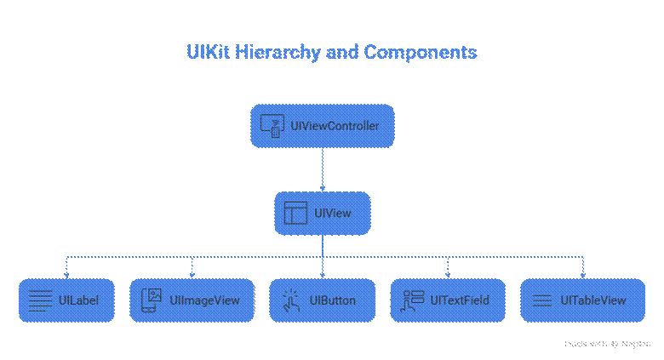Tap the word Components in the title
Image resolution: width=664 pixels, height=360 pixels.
point(421,52)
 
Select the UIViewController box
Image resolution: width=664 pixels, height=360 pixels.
point(322,126)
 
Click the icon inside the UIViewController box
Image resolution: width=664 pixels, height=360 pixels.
point(272,126)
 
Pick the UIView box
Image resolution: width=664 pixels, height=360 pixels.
point(322,213)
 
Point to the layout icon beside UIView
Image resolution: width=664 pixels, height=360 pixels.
point(295,213)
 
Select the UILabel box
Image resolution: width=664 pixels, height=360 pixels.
point(66,300)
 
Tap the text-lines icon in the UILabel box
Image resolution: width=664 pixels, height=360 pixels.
point(39,300)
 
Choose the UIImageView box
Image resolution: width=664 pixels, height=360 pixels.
point(192,300)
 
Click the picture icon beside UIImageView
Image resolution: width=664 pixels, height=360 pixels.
point(152,300)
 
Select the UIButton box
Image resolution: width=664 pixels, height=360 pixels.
point(322,300)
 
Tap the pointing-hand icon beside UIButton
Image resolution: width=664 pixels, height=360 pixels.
point(291,300)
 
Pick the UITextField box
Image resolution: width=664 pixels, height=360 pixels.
point(447,300)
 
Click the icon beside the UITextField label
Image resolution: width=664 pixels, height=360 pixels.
point(413,300)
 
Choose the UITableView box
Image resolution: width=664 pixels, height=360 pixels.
point(583,300)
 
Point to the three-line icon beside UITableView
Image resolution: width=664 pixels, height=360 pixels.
point(542,300)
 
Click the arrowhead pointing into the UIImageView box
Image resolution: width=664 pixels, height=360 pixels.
point(192,274)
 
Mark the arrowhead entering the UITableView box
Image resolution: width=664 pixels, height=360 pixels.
point(583,274)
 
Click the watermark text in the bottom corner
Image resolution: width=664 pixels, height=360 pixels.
point(607,344)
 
